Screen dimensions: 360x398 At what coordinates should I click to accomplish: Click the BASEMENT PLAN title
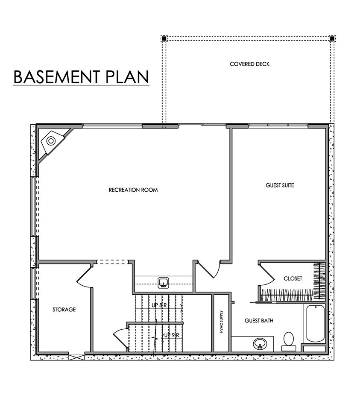coord(81,77)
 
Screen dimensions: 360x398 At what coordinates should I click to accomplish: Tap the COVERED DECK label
coord(249,64)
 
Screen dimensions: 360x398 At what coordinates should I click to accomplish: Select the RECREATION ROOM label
coord(133,190)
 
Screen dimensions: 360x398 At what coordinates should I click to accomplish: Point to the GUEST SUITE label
coord(280,185)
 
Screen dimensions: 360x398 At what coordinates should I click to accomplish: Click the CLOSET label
coord(293,278)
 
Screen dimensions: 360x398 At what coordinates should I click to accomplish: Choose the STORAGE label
coord(64,310)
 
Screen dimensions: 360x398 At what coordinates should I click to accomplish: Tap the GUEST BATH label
coord(259,321)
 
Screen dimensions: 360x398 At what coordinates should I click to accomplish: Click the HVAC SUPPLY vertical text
coord(221,322)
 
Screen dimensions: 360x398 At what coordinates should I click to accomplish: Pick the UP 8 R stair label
coord(159,305)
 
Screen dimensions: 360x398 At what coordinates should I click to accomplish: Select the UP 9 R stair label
coord(172,335)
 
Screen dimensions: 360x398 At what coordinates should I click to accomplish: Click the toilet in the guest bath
coord(289,341)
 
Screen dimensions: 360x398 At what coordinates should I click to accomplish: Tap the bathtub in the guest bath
coord(315,324)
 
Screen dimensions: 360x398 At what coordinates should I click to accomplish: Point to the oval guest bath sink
coord(260,344)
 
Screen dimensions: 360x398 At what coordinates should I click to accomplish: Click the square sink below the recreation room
coord(164,283)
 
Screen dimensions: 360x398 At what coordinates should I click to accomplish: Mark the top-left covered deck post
coord(164,38)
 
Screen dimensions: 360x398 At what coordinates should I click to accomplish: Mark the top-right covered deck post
coord(332,38)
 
